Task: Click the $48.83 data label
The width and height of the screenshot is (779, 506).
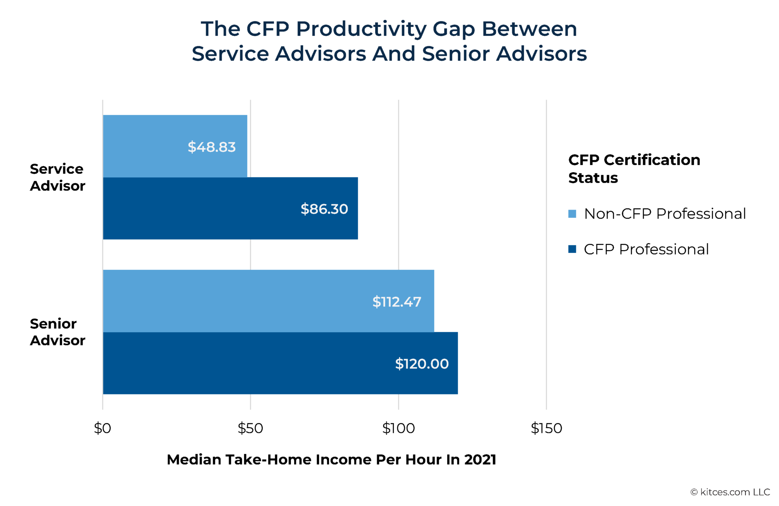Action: click(x=211, y=147)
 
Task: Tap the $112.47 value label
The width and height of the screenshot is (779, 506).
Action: click(x=397, y=302)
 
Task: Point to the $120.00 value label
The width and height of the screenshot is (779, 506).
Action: click(x=422, y=364)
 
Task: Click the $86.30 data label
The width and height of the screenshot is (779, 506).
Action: click(x=324, y=209)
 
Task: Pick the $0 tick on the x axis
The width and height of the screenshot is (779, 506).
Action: click(x=102, y=428)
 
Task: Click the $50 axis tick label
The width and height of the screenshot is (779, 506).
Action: click(x=250, y=428)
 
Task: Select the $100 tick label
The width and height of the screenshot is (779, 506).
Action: click(x=398, y=428)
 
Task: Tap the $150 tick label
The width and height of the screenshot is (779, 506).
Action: click(x=546, y=428)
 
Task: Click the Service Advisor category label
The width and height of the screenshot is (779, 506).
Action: click(x=57, y=177)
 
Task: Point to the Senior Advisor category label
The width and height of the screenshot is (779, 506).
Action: click(x=57, y=332)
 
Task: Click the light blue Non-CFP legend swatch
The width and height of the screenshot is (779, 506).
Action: click(x=572, y=214)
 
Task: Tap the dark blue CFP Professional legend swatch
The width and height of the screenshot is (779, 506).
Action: click(x=572, y=249)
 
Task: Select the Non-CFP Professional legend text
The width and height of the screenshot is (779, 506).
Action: click(x=664, y=214)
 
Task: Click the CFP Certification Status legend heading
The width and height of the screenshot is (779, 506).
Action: click(x=634, y=168)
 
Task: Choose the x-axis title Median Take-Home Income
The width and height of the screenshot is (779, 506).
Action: click(x=331, y=460)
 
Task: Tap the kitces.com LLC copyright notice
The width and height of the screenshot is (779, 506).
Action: click(x=730, y=492)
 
